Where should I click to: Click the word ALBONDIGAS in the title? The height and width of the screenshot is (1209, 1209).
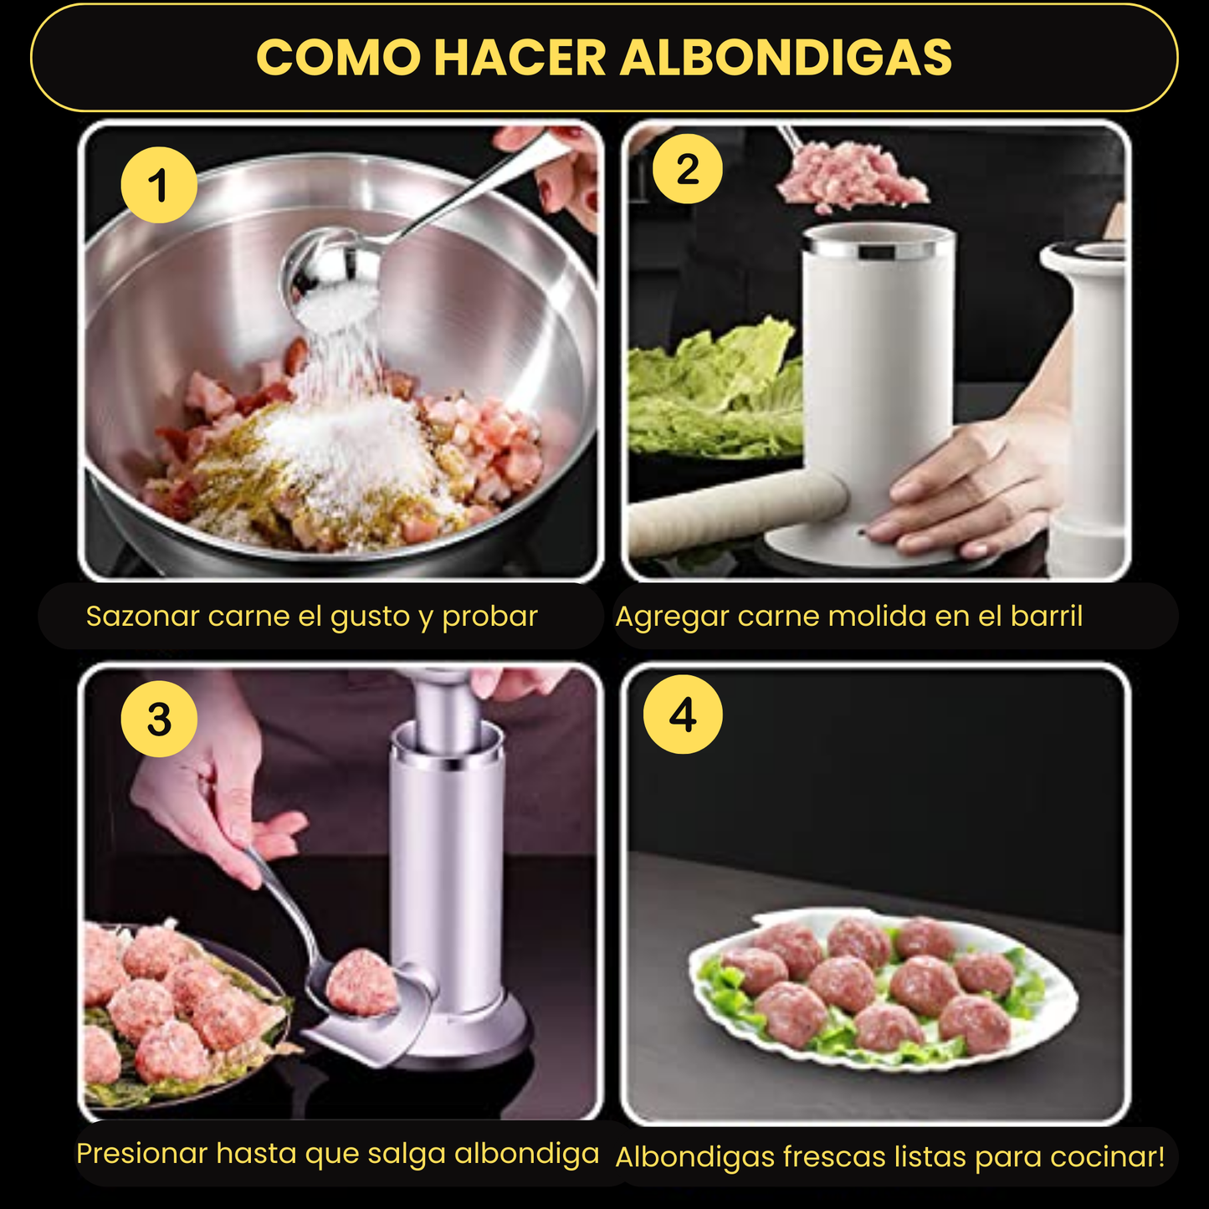tap(786, 57)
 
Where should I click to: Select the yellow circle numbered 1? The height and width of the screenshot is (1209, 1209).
tap(159, 185)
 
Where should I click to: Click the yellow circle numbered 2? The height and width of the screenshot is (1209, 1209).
tap(688, 168)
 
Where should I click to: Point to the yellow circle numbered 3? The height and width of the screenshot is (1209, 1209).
tap(159, 719)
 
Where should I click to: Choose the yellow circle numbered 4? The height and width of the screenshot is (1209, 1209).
tap(683, 715)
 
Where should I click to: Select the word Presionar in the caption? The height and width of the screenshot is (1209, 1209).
tap(141, 1153)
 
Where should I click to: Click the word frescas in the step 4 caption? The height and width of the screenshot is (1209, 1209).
tap(834, 1156)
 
